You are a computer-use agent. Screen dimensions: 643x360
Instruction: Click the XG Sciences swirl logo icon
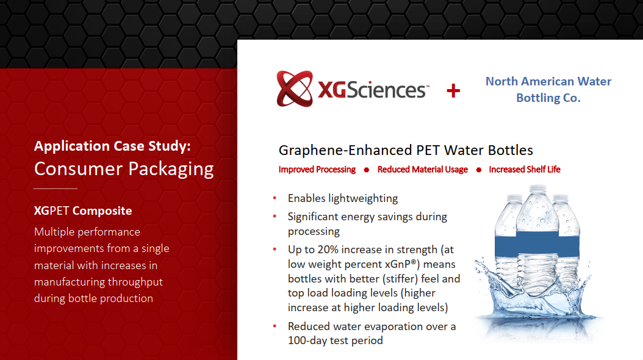pos(295,88)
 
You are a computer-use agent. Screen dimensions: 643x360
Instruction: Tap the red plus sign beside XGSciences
pos(453,91)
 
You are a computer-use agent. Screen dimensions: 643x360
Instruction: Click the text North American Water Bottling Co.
pos(548,89)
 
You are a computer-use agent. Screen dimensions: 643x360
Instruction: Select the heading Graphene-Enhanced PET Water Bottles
pos(406,150)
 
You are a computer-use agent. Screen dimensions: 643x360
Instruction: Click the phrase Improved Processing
pos(317,170)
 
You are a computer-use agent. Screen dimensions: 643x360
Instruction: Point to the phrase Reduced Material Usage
pos(422,170)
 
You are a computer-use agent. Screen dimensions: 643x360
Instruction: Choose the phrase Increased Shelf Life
pos(525,170)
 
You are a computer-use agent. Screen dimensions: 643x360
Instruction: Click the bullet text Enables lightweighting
pos(343,198)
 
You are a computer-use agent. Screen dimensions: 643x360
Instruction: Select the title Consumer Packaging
pos(124,169)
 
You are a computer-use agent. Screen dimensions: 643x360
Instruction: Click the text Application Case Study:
pos(112,146)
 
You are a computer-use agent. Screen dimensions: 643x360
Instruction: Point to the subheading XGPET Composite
pos(83,211)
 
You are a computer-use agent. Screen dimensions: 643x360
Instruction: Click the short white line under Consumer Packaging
pos(56,189)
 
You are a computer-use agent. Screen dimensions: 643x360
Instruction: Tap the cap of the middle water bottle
pos(537,189)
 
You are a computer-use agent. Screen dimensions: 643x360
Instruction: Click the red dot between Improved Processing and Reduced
pos(367,170)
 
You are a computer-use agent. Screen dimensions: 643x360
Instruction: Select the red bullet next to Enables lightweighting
pos(275,198)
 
